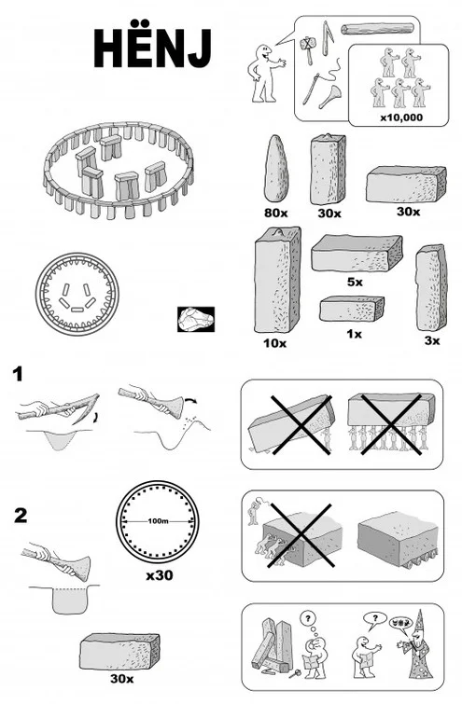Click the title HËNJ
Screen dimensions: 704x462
(151, 47)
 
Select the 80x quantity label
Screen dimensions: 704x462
(276, 213)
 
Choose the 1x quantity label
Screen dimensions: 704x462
(352, 333)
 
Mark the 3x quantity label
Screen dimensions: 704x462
(431, 341)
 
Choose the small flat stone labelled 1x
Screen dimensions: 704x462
(351, 309)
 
